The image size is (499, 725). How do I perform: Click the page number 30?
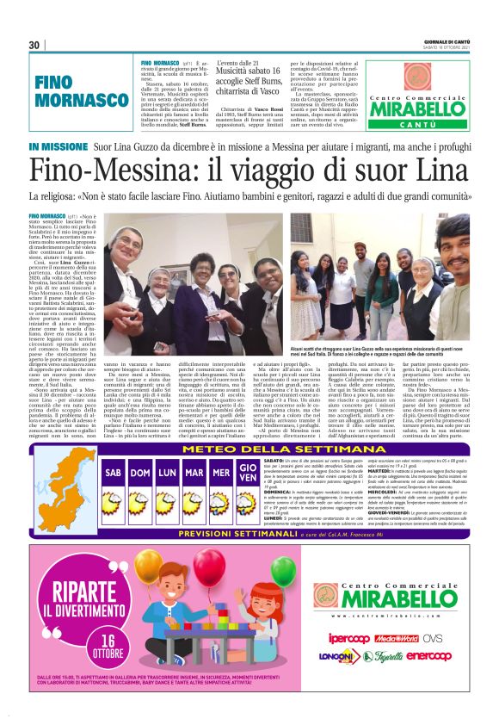34,45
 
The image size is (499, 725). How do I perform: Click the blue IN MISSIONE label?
57,147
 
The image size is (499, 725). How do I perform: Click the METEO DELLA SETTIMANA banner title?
251,449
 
